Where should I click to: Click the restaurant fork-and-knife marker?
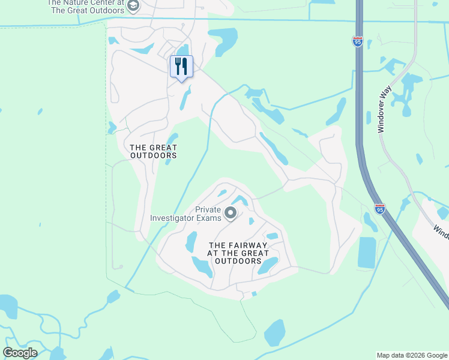coord(181,66)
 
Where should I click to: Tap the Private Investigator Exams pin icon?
coord(230,213)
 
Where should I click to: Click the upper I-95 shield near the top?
coord(357,41)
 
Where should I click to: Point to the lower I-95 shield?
coord(380,209)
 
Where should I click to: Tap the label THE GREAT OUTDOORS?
coord(154,151)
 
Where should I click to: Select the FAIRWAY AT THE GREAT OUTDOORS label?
coord(238,253)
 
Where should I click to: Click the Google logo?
coord(20,353)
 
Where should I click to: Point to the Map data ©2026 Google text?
coord(412,355)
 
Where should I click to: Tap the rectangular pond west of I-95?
coord(367,252)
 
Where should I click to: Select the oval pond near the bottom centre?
coord(275,333)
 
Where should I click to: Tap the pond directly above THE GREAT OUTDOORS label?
coord(172,139)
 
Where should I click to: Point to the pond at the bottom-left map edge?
coord(8,306)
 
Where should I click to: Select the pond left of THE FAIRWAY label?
coord(191,242)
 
